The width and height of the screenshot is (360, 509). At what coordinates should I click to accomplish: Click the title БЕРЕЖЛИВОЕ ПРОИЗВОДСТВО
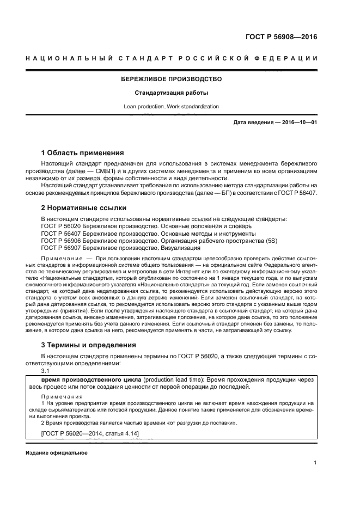point(171,79)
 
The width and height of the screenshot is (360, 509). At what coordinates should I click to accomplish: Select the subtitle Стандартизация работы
point(171,93)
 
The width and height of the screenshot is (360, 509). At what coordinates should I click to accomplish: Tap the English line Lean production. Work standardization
point(171,106)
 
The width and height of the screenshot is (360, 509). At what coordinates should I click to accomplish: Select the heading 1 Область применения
point(83,152)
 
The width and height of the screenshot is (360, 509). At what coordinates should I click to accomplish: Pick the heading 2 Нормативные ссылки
point(84,208)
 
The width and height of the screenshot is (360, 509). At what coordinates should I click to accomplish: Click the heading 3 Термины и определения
point(88,345)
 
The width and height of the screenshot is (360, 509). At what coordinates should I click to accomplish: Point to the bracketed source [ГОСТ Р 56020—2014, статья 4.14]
point(90,433)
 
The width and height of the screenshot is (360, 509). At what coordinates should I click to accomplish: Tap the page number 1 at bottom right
point(315,463)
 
